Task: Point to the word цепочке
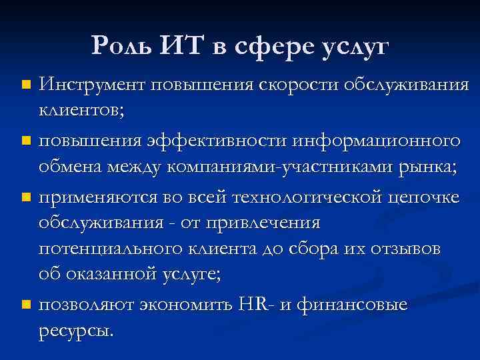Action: [425, 198]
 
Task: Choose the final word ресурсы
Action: [75, 329]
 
